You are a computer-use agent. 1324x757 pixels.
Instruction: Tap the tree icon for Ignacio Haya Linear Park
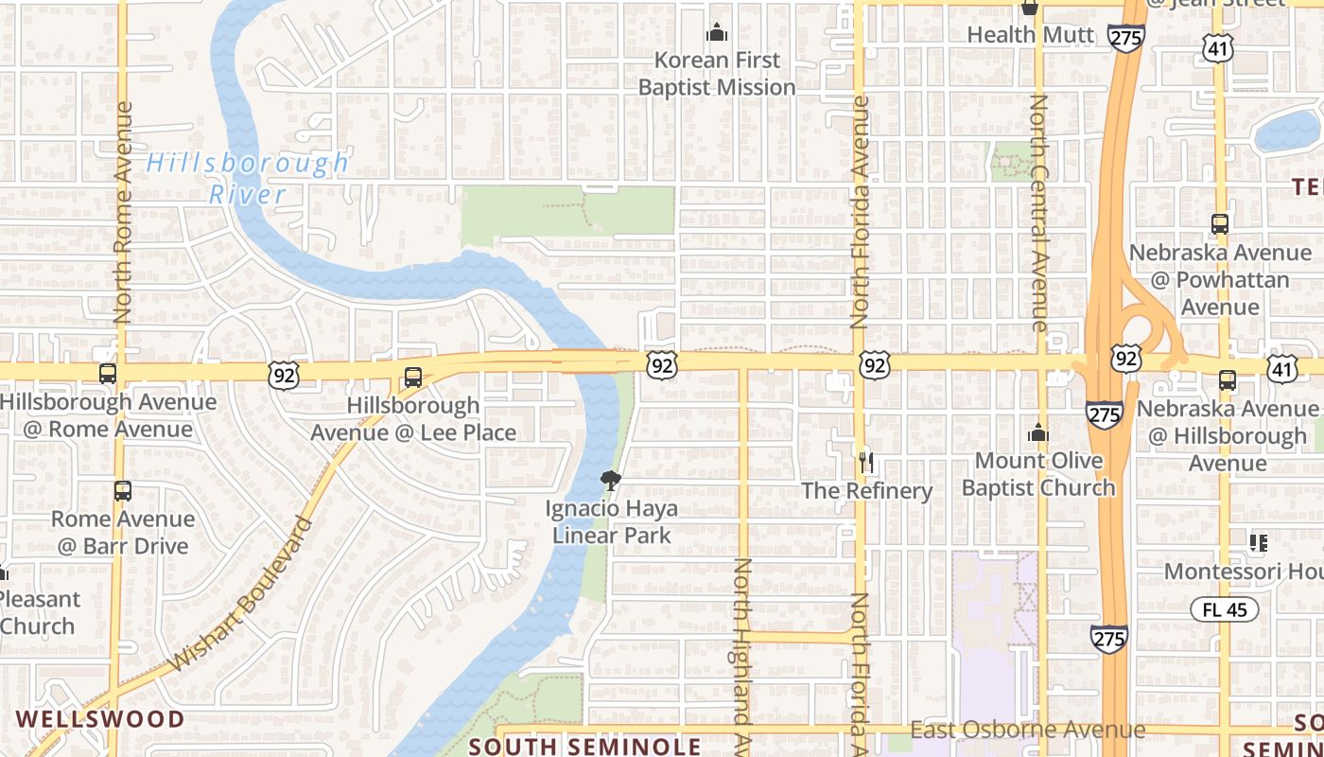[611, 481]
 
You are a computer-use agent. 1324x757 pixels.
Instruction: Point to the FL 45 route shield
[1225, 609]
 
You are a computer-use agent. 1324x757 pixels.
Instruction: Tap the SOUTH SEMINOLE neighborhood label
[585, 746]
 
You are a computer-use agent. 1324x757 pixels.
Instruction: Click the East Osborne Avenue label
[1027, 730]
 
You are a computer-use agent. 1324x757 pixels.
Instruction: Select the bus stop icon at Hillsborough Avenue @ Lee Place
[413, 378]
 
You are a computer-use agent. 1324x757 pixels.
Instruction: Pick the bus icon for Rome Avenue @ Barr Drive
[123, 491]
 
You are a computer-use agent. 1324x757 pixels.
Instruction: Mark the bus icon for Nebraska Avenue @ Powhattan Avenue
[1220, 225]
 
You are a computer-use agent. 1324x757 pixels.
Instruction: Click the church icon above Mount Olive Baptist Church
[1038, 433]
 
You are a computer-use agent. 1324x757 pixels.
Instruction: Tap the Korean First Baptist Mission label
[717, 74]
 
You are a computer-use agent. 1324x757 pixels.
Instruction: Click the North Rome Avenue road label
[123, 213]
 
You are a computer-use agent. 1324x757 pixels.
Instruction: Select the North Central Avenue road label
[1039, 213]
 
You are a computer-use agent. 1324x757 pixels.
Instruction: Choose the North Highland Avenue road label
[743, 653]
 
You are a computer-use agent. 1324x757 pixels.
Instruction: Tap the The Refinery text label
[867, 490]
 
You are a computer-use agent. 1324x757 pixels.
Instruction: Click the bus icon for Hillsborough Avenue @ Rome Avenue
[108, 374]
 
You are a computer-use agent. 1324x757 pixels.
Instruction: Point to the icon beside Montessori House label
[1258, 543]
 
